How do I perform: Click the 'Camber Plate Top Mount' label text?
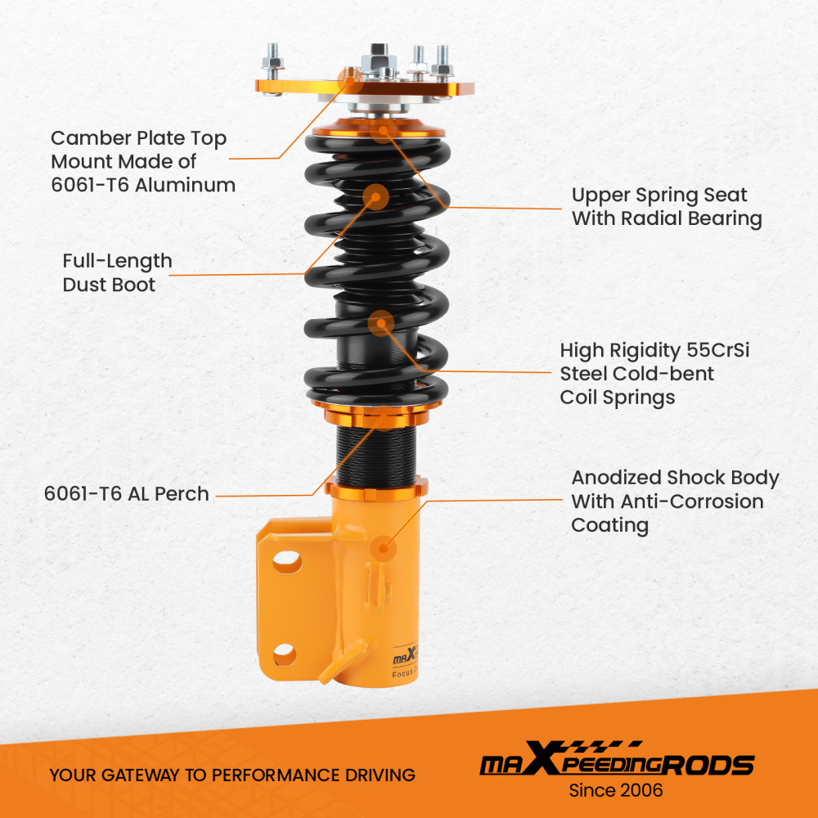point(139,161)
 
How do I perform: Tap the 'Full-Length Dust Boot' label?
point(117,272)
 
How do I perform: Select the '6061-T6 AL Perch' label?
point(127,494)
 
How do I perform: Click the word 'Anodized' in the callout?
point(616,478)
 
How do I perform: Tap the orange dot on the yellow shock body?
point(381,547)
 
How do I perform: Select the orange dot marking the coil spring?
point(381,324)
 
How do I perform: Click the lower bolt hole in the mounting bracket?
point(285,653)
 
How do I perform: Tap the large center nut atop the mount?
point(378,59)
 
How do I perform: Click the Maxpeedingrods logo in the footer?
point(615,763)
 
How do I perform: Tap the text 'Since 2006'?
point(616,791)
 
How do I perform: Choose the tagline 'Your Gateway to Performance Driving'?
point(232,774)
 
